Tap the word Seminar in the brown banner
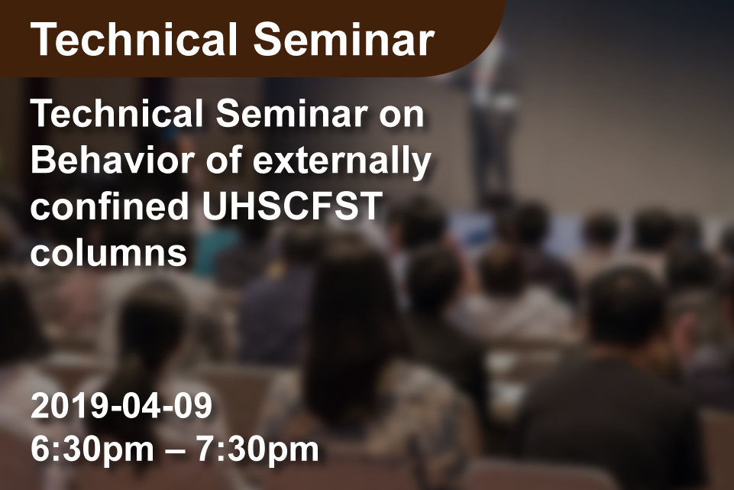click(344, 40)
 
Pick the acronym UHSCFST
click(292, 206)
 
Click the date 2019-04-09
click(121, 406)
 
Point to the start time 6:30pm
click(92, 449)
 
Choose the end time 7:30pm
click(257, 449)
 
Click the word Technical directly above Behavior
click(117, 114)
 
